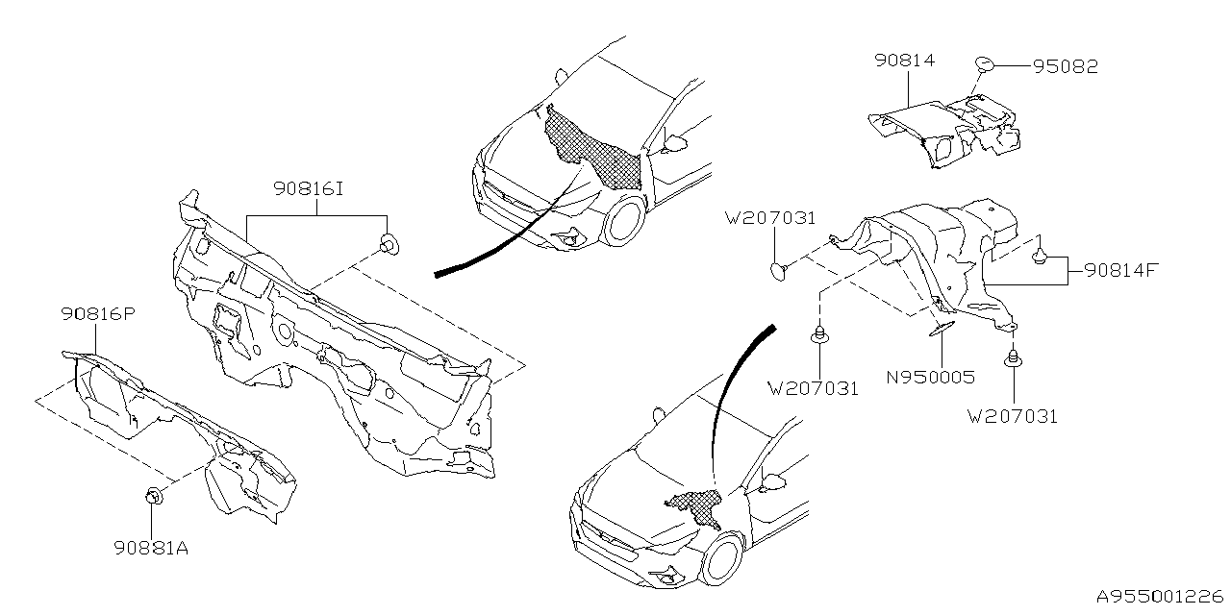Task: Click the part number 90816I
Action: point(309,191)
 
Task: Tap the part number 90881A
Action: point(150,549)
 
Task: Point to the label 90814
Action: point(904,61)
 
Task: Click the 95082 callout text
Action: point(1065,66)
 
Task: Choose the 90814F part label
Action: point(1119,270)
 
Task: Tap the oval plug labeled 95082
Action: point(986,64)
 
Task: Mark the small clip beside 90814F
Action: point(1040,256)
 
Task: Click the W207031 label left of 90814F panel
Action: point(771,219)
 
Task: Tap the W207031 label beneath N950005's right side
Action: point(1013,416)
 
